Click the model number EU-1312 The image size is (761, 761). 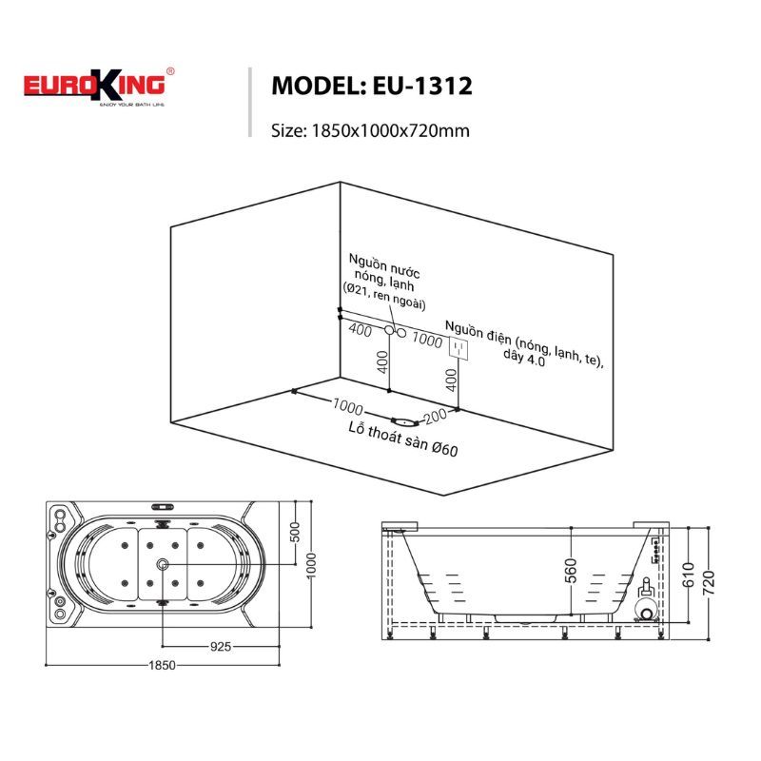(x=422, y=86)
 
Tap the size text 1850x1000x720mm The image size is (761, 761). (x=390, y=131)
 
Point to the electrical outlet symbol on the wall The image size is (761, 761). (x=459, y=348)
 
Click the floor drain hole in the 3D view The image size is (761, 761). (x=404, y=420)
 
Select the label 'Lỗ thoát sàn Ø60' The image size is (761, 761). (x=403, y=439)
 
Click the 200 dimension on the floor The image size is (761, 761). (x=436, y=416)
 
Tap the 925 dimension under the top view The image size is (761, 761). (x=221, y=646)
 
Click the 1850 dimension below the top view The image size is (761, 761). (x=162, y=665)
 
